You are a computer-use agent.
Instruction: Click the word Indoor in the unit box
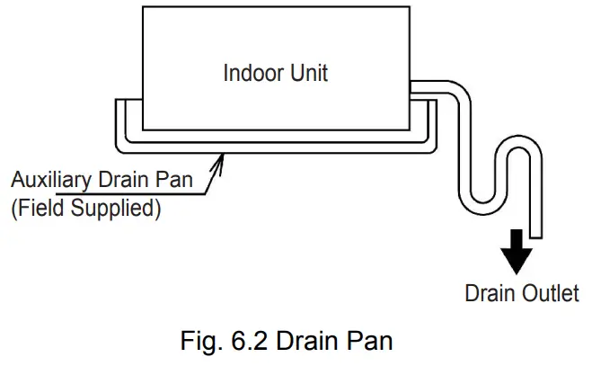251,73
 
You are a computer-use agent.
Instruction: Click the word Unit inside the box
305,73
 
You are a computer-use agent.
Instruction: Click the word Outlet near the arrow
550,294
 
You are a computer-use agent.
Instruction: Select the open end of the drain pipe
535,236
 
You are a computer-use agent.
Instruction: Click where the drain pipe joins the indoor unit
413,87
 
